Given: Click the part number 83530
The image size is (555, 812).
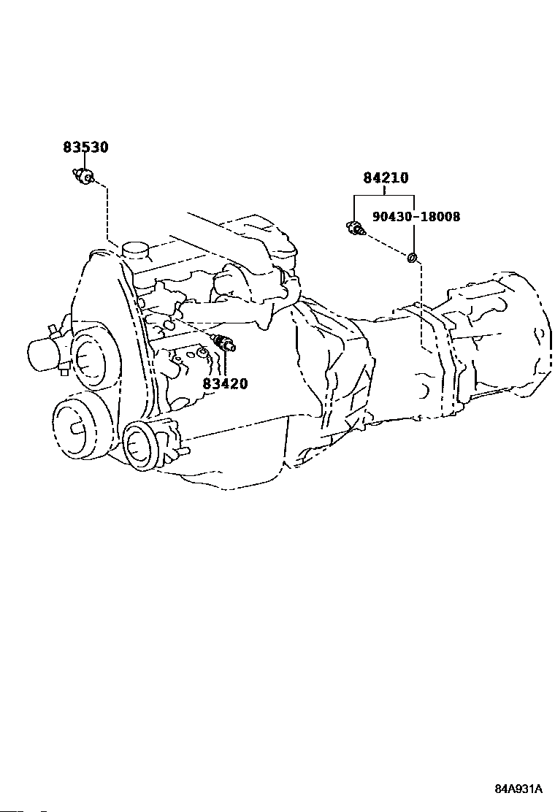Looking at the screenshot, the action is tap(86, 148).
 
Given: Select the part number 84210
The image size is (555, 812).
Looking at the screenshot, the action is tap(386, 178).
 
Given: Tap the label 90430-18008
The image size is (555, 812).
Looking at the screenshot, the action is tap(416, 216).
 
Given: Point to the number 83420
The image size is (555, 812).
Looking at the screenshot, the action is tap(225, 384).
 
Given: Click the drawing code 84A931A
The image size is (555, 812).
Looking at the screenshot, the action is tap(518, 789).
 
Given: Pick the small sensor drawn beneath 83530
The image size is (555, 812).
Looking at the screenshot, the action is tap(83, 176).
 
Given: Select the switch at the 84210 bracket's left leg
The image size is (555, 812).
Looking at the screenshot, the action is tap(355, 228).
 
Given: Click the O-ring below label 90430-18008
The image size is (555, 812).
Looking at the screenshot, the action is tap(412, 257).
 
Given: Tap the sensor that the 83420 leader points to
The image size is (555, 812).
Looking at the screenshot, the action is tap(223, 342).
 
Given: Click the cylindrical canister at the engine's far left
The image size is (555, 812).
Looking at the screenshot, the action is tap(45, 355).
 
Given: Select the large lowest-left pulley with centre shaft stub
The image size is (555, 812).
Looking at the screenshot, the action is tap(77, 426).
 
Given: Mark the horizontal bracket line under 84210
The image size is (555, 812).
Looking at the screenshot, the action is tap(383, 195).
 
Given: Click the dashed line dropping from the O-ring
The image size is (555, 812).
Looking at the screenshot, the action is tap(423, 305).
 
